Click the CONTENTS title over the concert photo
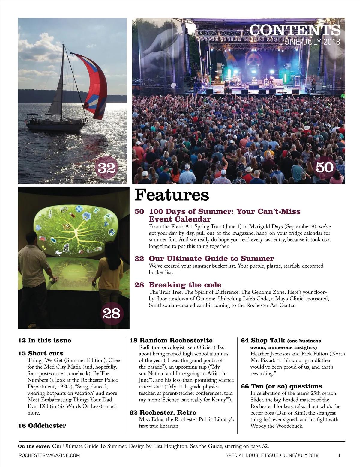[x=295, y=30]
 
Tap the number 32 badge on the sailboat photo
[x=106, y=168]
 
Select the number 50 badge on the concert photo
[x=325, y=167]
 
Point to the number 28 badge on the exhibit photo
[x=111, y=314]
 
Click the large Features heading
[x=172, y=195]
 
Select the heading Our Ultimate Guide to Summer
[x=211, y=258]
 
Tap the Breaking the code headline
[x=185, y=285]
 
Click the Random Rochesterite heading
[x=176, y=340]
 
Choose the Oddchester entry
[x=47, y=426]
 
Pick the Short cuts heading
[x=45, y=353]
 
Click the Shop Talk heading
[x=268, y=340]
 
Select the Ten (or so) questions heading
[x=286, y=386]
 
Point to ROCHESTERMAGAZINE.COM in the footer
[x=49, y=455]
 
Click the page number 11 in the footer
[x=338, y=455]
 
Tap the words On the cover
[x=34, y=446]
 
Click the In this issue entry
[x=49, y=340]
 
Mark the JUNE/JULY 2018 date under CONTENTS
[x=310, y=42]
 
